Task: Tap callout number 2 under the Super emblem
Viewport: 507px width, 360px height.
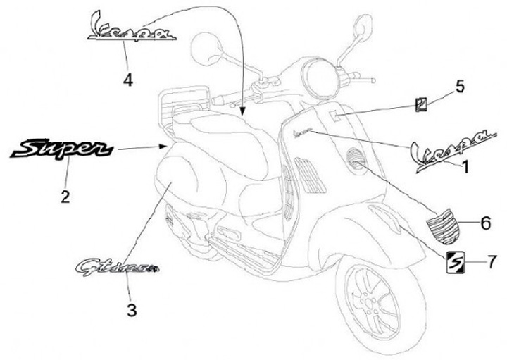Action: tap(65, 197)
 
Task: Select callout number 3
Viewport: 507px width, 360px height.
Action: tap(130, 308)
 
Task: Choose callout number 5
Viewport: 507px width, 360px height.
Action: tap(459, 87)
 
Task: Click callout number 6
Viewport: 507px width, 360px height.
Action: tap(486, 223)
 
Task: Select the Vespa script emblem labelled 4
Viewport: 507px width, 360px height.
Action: tap(131, 27)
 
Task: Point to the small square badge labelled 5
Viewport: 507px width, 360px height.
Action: tap(421, 104)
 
